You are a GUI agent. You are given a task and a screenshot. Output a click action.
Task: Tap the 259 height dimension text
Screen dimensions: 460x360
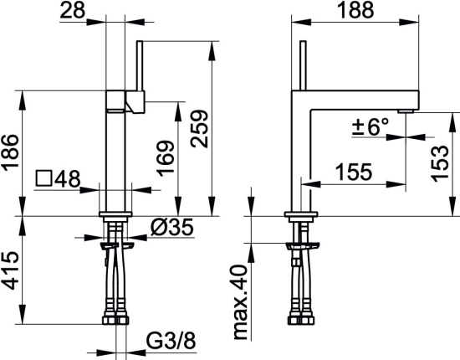[199, 129]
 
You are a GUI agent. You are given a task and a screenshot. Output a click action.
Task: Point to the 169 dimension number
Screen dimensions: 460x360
[165, 158]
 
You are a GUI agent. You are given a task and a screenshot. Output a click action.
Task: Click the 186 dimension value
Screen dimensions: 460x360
[11, 152]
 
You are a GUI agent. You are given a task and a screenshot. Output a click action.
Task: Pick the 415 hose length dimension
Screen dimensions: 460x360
[11, 270]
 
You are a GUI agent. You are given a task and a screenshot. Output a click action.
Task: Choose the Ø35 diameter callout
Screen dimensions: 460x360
[172, 227]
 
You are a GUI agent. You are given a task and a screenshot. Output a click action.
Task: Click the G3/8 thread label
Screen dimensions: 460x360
[171, 341]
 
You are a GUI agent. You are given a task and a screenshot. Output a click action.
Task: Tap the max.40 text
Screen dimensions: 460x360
[241, 302]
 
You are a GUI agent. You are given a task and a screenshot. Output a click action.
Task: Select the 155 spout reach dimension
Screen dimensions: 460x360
[354, 172]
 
